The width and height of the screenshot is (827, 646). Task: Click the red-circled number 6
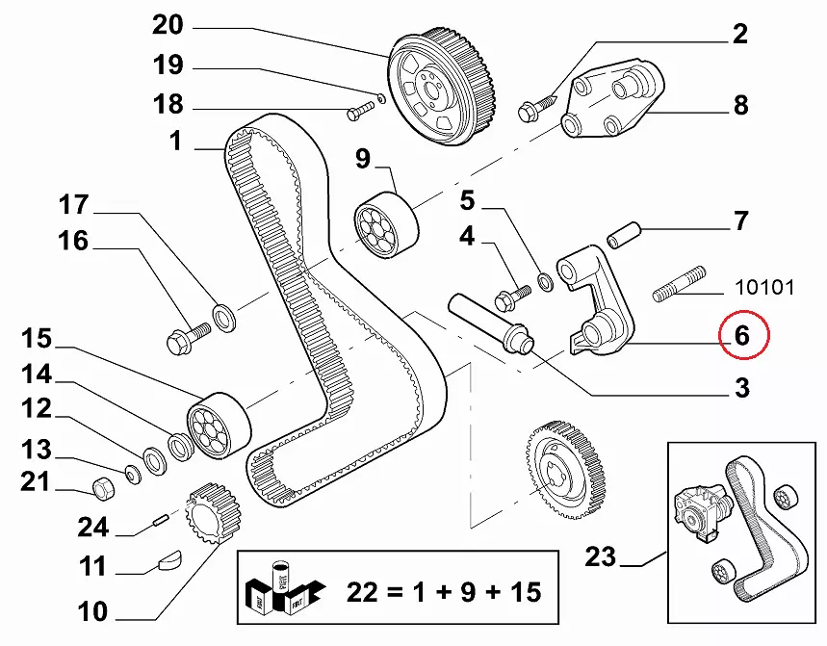coord(741,335)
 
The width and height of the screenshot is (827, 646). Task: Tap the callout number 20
coord(173,24)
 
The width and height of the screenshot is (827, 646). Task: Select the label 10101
coord(766,286)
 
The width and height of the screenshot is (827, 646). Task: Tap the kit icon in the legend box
coord(280,589)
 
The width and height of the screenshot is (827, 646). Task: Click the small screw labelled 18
coord(358,112)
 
